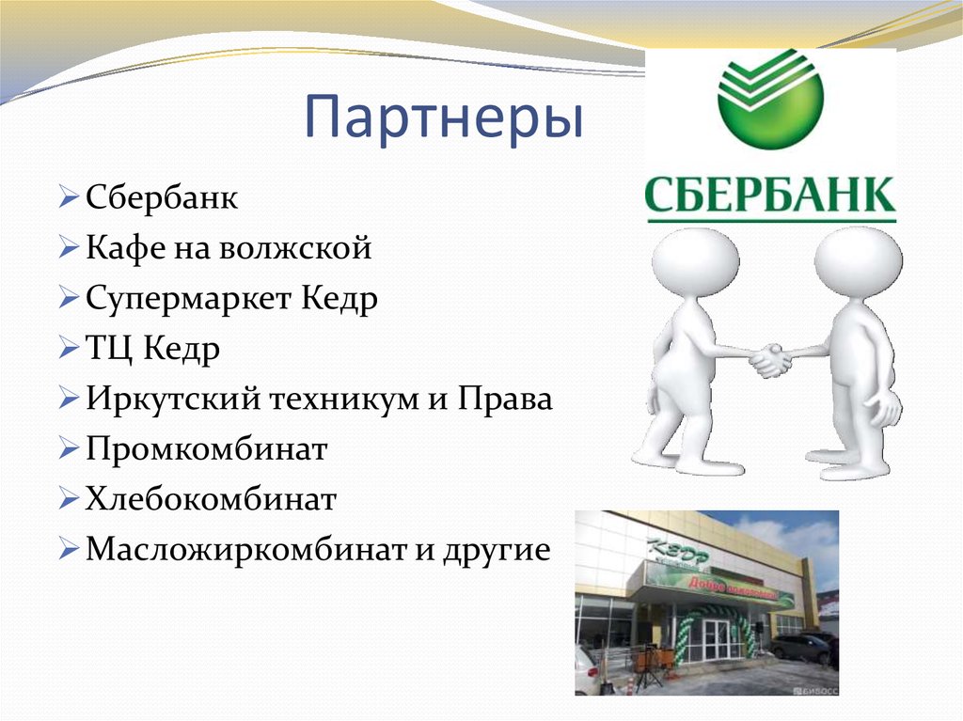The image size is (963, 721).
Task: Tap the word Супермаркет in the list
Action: coord(190,300)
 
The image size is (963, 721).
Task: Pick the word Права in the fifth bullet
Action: coord(505,400)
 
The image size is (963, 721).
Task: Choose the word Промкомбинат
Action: coord(206,449)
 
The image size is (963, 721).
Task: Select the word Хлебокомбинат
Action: coord(211,499)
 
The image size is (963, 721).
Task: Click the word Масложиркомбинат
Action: coord(245,549)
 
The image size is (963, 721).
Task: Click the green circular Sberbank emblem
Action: coord(770,98)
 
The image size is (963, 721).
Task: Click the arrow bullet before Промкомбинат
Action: coord(68,450)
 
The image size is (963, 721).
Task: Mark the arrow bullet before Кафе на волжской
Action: coord(68,250)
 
